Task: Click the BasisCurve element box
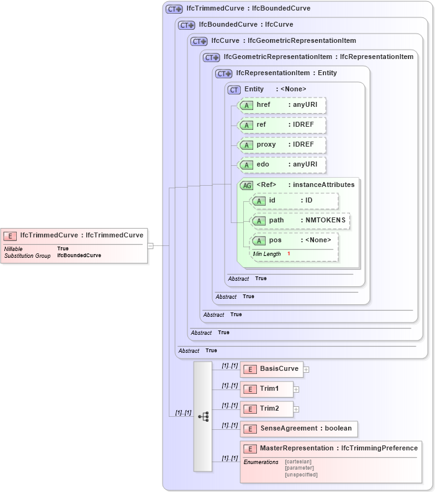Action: (271, 369)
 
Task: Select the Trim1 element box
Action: (266, 389)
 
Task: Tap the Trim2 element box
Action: (266, 409)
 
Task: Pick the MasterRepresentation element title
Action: (338, 449)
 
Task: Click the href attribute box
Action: (282, 105)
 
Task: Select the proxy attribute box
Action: (282, 145)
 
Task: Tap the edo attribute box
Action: (282, 165)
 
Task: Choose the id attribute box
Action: (295, 201)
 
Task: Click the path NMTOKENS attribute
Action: (300, 221)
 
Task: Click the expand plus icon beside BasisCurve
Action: (307, 370)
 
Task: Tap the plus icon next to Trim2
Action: (297, 409)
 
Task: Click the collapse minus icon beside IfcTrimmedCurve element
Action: (150, 245)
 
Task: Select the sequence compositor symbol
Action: (203, 417)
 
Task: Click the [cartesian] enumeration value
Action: (298, 462)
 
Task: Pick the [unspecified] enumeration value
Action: (301, 475)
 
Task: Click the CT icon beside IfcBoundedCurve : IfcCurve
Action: (187, 25)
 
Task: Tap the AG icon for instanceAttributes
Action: (246, 185)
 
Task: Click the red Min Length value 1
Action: (289, 254)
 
